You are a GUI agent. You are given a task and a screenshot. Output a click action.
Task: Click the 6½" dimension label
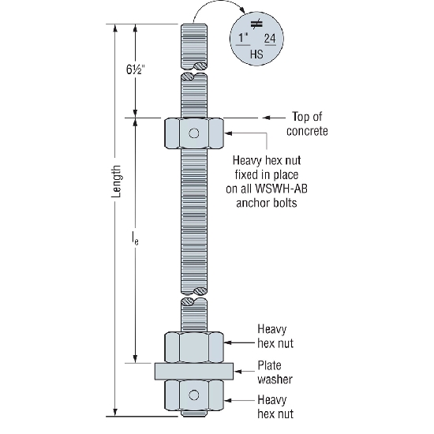tap(136, 69)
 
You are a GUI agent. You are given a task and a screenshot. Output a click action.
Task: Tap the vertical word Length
tap(117, 181)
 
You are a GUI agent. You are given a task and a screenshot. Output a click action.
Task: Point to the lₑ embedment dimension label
tap(135, 238)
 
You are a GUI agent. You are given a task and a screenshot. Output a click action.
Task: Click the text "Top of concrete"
tap(307, 124)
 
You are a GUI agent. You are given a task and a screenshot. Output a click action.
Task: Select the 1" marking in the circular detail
tap(244, 38)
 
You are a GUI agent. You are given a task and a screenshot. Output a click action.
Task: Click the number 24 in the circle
tap(270, 39)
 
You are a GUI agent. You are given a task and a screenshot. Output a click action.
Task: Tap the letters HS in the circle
tap(256, 54)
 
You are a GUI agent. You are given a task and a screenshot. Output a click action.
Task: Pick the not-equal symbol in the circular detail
tap(256, 24)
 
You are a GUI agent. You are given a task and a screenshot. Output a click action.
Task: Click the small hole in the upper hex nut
tap(194, 133)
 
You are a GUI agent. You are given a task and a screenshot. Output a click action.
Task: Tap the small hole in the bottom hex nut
tap(194, 395)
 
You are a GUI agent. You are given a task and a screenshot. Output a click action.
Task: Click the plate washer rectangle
tap(194, 371)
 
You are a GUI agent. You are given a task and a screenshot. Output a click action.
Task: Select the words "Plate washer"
tap(275, 372)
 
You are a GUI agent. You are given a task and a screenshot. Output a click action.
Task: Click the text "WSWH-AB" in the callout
tap(281, 189)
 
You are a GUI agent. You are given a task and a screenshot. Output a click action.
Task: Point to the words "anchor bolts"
tap(267, 203)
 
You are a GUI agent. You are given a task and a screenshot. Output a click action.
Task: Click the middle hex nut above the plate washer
tap(194, 347)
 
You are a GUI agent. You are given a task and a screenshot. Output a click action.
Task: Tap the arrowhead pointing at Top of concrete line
tap(266, 118)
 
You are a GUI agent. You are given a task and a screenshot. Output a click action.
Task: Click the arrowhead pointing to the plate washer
tap(238, 371)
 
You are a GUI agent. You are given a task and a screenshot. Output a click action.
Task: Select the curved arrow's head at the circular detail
tap(242, 11)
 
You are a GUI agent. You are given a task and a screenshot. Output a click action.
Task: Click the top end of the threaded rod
tap(194, 24)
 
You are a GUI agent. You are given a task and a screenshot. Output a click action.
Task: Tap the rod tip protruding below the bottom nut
tap(194, 413)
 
